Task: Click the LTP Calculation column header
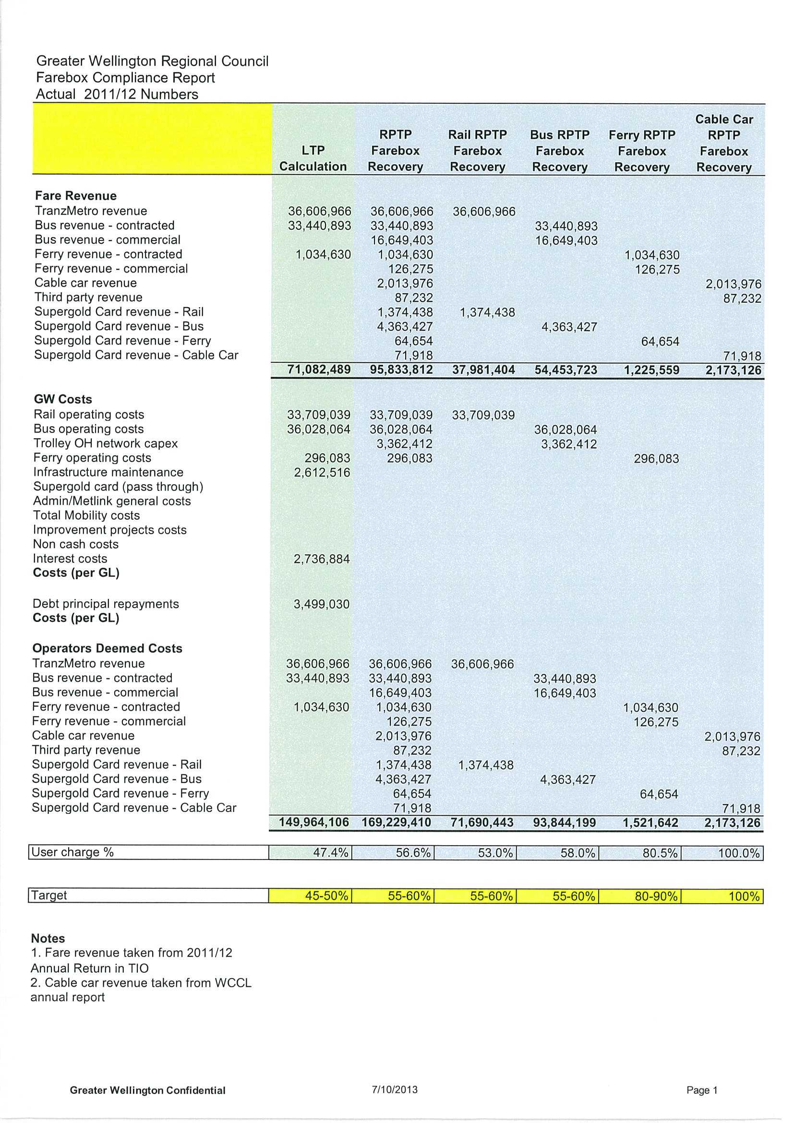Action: tap(313, 158)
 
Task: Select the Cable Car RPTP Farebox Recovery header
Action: tap(723, 143)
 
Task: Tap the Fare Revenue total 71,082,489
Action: tap(319, 370)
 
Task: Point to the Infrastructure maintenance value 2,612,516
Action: tap(322, 473)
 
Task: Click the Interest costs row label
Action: tap(70, 559)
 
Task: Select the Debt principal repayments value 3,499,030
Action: tap(322, 605)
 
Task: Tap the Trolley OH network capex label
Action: tap(105, 443)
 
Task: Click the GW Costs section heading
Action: tap(62, 400)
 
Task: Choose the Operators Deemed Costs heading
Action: tap(107, 648)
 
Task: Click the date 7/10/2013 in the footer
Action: tap(394, 1090)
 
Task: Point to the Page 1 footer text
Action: tap(701, 1090)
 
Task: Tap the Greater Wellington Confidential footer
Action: tap(147, 1091)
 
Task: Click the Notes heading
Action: tap(48, 939)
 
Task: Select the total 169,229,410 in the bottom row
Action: tap(396, 823)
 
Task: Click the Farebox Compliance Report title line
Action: tap(125, 78)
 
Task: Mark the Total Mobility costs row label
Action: tap(86, 515)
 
